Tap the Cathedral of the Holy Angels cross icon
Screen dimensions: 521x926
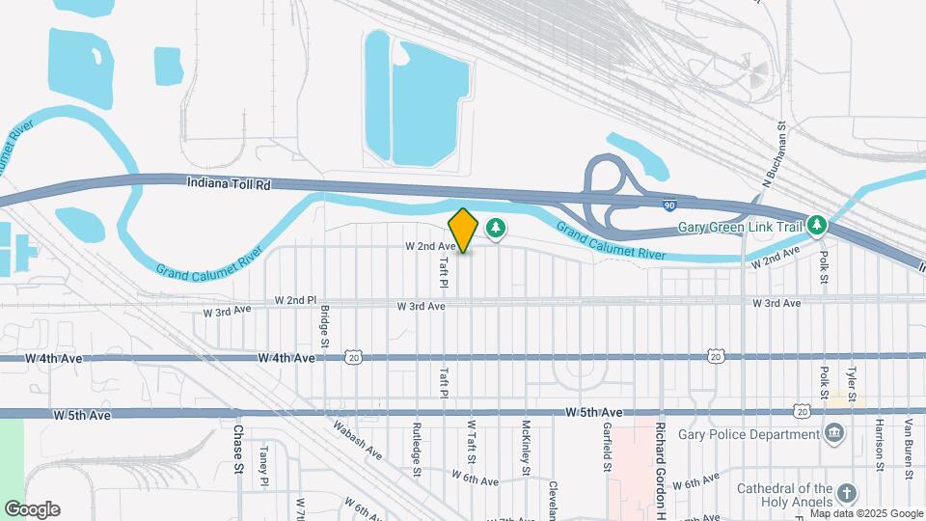point(846,493)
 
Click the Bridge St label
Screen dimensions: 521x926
point(325,328)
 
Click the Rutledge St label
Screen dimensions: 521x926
point(418,449)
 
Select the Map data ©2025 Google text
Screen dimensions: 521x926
point(865,513)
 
